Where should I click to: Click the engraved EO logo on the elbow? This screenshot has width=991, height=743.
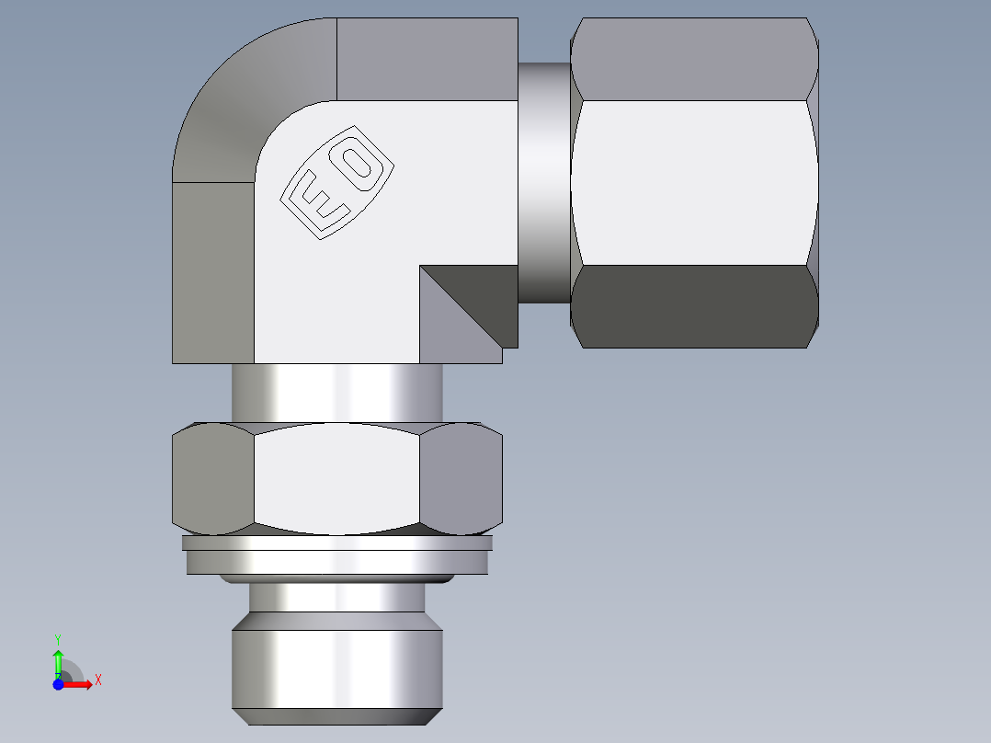[337, 182]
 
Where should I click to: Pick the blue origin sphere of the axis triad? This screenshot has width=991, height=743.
[58, 684]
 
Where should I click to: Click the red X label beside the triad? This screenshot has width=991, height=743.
[97, 680]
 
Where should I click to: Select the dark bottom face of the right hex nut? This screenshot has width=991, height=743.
[694, 306]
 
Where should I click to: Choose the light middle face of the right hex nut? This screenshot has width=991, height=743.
[694, 182]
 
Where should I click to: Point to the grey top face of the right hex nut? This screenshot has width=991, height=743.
[694, 59]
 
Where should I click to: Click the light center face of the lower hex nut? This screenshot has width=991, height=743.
[336, 478]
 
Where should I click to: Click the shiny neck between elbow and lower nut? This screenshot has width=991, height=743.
[336, 393]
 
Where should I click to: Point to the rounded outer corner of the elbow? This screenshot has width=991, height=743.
[239, 92]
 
